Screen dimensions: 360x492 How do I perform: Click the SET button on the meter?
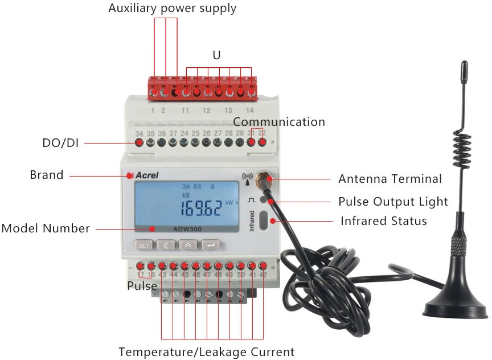144,246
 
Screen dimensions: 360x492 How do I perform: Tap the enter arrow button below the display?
211,246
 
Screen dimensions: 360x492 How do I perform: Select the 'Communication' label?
279,122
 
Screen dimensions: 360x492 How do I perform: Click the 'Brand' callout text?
47,175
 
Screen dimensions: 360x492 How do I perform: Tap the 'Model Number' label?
46,228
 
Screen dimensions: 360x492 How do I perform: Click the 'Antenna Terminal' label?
390,179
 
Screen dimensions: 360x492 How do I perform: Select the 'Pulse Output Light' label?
393,202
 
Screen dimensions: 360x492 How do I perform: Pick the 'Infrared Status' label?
384,221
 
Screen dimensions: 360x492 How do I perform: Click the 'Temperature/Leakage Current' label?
207,351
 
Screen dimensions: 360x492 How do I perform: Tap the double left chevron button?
166,246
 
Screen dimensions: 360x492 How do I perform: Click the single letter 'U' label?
216,55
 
